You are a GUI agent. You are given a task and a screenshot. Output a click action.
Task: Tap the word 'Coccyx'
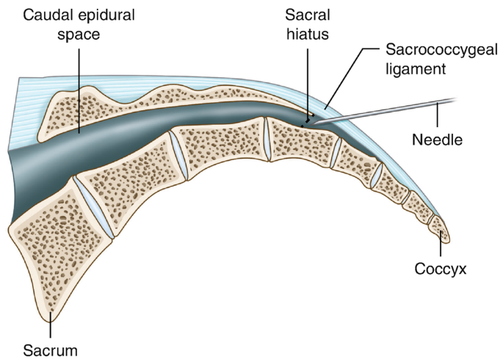coord(441,270)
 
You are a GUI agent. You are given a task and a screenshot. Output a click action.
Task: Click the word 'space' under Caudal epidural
coord(79,33)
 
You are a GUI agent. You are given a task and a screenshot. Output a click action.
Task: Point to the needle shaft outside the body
coord(411,107)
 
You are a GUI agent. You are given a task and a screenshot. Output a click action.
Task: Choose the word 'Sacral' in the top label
coord(307,14)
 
